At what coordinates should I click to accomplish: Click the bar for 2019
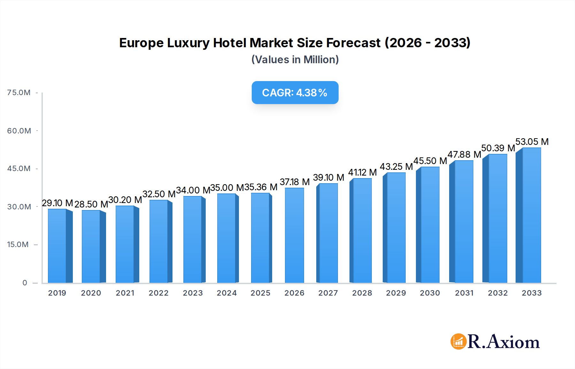pyautogui.click(x=57, y=246)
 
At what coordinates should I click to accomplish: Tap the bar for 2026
pyautogui.click(x=294, y=235)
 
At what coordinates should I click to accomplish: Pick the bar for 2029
pyautogui.click(x=396, y=228)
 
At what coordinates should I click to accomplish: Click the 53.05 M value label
pyautogui.click(x=532, y=142)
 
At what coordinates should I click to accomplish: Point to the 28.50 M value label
pyautogui.click(x=91, y=204)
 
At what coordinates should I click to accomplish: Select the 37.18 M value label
pyautogui.click(x=295, y=182)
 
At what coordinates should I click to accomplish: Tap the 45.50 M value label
pyautogui.click(x=430, y=161)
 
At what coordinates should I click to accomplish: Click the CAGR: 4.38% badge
pyautogui.click(x=295, y=93)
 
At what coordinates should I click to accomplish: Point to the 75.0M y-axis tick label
pyautogui.click(x=19, y=93)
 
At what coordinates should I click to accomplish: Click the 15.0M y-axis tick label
pyautogui.click(x=18, y=245)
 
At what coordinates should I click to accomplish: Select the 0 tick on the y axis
pyautogui.click(x=25, y=283)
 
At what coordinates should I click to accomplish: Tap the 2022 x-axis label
pyautogui.click(x=158, y=293)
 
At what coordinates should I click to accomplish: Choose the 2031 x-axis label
pyautogui.click(x=464, y=293)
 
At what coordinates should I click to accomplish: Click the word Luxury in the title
pyautogui.click(x=188, y=43)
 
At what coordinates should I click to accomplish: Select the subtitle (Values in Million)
pyautogui.click(x=295, y=60)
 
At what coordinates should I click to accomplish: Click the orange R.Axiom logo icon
pyautogui.click(x=458, y=342)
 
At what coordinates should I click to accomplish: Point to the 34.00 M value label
pyautogui.click(x=193, y=190)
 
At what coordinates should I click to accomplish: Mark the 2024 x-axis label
pyautogui.click(x=226, y=293)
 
